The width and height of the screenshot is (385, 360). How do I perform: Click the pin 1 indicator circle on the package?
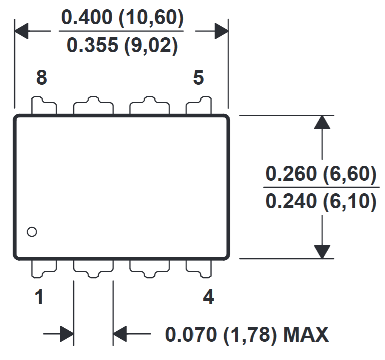(32, 232)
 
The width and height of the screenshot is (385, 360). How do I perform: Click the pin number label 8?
(42, 78)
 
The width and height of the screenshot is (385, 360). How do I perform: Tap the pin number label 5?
(199, 78)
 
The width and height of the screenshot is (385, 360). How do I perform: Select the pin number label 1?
(39, 298)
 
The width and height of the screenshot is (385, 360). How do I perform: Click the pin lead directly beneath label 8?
(44, 106)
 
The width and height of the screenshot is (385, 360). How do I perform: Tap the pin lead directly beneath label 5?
(199, 106)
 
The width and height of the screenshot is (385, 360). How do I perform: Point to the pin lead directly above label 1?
(44, 268)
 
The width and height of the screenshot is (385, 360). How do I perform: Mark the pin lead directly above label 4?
(199, 268)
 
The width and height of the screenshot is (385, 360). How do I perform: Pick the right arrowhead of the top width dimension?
(221, 31)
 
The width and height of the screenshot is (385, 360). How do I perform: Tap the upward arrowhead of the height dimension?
(323, 123)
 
